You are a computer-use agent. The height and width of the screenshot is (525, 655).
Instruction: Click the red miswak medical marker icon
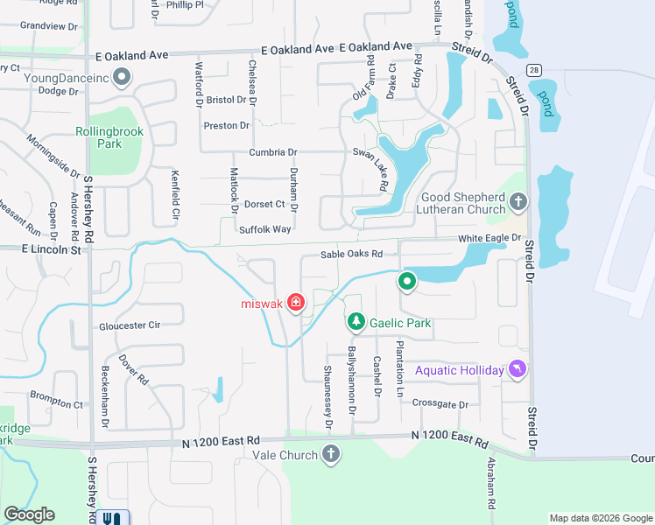click(296, 304)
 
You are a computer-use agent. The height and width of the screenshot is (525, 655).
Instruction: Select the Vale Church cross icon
click(331, 455)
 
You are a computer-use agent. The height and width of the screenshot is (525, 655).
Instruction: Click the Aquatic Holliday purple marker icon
click(519, 370)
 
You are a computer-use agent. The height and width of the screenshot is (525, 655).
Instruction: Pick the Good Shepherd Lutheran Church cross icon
click(518, 203)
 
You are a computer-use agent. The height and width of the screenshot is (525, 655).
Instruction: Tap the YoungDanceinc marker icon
click(121, 77)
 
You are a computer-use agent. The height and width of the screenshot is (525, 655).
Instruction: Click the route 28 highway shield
click(533, 69)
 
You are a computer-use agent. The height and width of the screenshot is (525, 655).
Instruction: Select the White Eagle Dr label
click(489, 238)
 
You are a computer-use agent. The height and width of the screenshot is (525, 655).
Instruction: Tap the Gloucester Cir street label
click(130, 325)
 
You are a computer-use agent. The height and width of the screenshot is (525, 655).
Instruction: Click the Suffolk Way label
click(264, 229)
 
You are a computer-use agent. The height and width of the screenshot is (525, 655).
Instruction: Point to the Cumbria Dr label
click(273, 152)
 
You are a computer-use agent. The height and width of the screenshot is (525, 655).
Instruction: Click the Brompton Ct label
click(54, 404)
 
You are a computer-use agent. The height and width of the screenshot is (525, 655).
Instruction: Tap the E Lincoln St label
click(51, 250)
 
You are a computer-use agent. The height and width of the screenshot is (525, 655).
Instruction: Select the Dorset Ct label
click(264, 204)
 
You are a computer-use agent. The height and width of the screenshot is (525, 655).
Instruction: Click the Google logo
click(29, 514)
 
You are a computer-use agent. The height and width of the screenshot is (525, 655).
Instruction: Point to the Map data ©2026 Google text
click(600, 518)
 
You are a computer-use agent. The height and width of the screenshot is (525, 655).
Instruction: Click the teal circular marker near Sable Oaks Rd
click(406, 281)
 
